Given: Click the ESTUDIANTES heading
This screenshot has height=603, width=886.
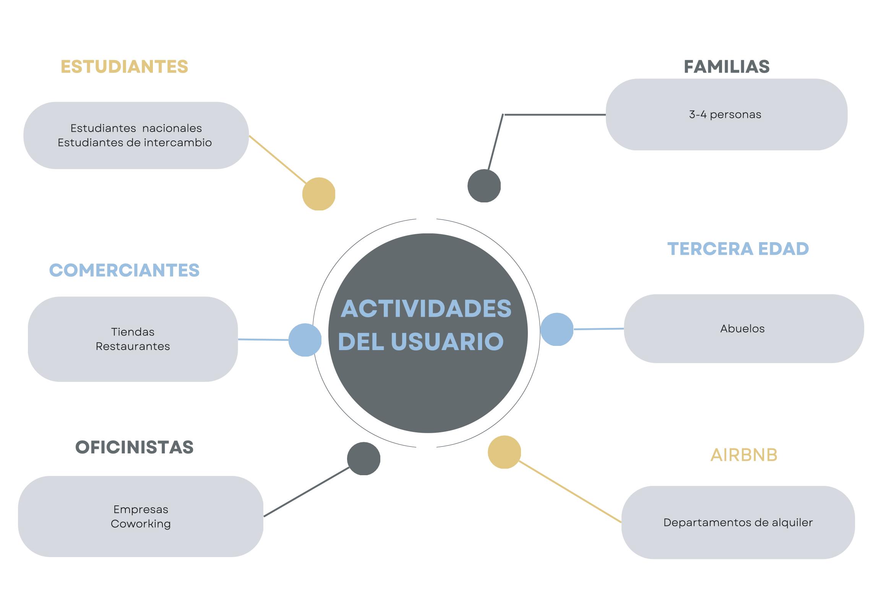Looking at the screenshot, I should [x=124, y=67].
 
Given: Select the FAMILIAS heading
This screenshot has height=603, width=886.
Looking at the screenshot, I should [x=726, y=67].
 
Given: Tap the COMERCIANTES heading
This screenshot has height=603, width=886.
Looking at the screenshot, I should [x=124, y=270].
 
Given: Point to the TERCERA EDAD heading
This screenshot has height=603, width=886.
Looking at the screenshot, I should [x=738, y=249].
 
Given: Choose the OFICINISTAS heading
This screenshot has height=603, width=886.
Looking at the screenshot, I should [x=134, y=447].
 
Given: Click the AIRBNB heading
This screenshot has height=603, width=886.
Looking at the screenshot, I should [x=744, y=455].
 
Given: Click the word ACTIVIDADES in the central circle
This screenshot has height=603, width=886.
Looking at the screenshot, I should [x=426, y=308].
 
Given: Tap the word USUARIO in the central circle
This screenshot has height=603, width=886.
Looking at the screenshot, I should [x=447, y=341].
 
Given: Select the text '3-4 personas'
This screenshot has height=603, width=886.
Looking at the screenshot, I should [x=725, y=114].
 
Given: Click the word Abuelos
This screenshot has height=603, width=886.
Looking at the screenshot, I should [x=742, y=329].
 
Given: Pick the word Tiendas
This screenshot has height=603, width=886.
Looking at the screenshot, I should [x=133, y=332].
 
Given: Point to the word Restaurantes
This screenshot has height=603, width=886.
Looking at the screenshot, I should [x=133, y=346].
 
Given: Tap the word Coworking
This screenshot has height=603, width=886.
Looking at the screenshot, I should [x=141, y=524].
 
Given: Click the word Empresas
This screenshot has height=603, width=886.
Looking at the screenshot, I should [x=141, y=509].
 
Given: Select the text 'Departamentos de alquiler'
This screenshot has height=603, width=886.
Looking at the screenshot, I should [x=738, y=522].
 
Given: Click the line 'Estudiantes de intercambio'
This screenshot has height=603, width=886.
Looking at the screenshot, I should [x=135, y=142].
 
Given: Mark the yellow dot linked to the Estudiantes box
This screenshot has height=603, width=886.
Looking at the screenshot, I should [x=318, y=194].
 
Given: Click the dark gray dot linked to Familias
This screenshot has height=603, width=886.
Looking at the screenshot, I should [x=484, y=186].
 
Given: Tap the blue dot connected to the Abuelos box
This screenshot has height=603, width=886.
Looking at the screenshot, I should [x=557, y=329].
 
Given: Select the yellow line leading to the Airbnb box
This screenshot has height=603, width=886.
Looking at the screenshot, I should [x=570, y=492].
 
